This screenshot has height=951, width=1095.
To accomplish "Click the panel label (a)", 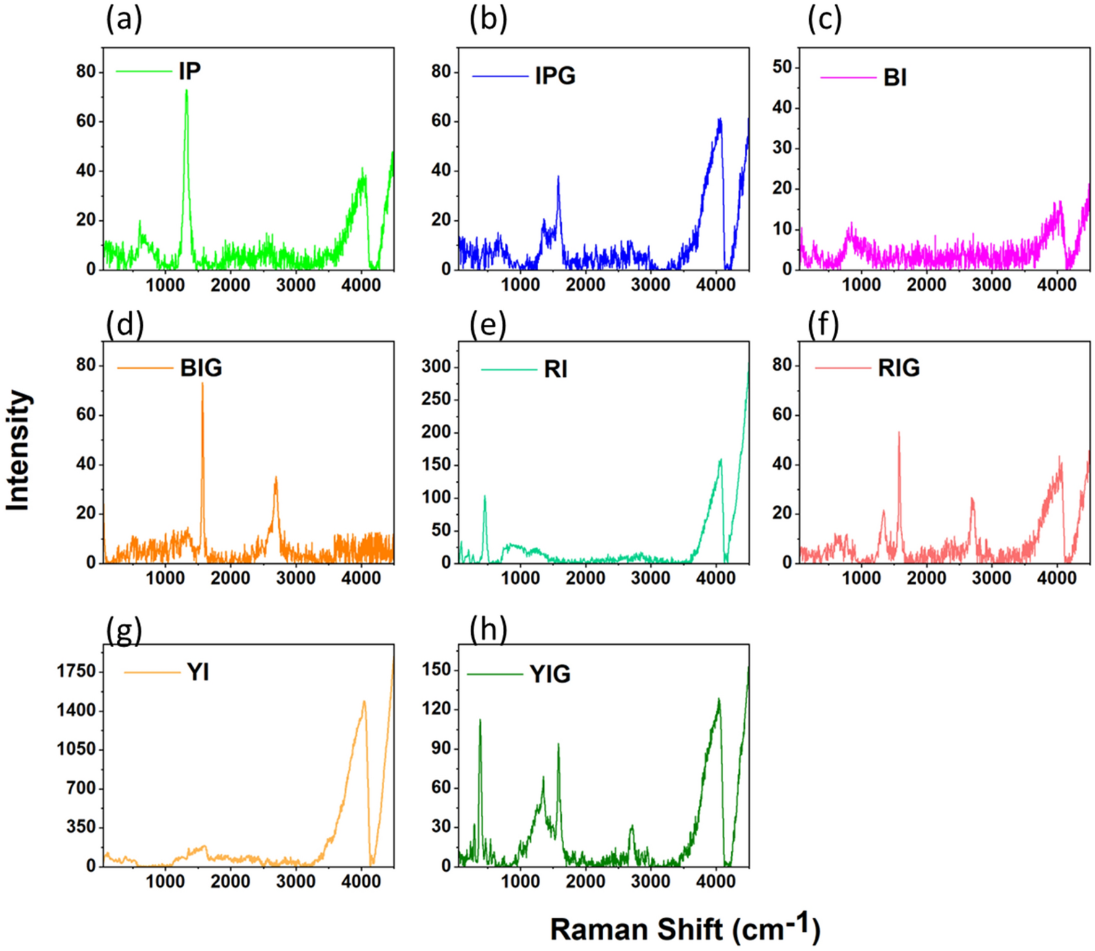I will tap(124, 19).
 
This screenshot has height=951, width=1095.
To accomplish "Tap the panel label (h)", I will tap(488, 629).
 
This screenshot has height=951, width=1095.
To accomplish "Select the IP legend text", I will tap(189, 71).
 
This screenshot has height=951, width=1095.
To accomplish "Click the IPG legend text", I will tap(555, 75).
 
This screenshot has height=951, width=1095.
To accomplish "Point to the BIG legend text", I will tap(201, 368).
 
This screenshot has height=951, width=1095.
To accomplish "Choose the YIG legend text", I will tap(550, 673).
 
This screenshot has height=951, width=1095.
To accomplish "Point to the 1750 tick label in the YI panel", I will tap(77, 671).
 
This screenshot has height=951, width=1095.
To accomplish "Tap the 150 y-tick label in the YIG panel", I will tap(436, 670).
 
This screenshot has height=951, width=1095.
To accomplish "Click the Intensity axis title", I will tap(18, 450).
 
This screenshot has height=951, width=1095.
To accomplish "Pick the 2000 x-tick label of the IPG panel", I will tap(585, 285).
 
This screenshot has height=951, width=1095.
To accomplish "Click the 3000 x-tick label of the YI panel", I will tap(296, 882).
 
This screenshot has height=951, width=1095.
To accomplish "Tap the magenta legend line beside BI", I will tap(848, 77).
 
